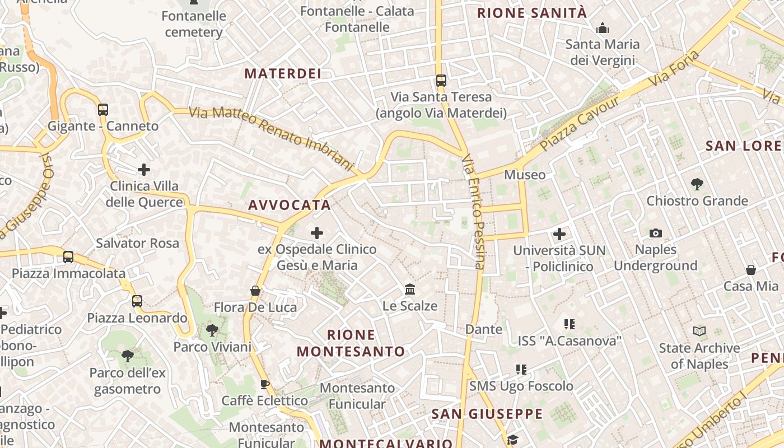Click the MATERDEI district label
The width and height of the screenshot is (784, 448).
coord(283,73)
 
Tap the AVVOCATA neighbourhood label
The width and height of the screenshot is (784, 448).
coord(290,205)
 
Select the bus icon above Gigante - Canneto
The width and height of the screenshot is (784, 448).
coord(103,110)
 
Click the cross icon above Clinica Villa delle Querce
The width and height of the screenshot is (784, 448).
coord(144,169)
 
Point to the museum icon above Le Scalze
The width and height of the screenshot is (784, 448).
coord(410,290)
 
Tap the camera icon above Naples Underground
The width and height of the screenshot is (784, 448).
coord(655,233)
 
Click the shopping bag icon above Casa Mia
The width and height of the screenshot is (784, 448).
coord(751,270)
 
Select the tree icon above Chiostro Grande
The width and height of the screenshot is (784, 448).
coord(697,184)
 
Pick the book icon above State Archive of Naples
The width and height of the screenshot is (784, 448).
coord(699,331)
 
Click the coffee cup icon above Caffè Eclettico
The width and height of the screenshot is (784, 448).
coord(265,384)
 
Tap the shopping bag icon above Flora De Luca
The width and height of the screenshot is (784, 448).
coord(255,291)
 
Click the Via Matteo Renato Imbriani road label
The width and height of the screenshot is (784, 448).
coord(272,138)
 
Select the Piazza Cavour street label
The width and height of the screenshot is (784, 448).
coord(580,124)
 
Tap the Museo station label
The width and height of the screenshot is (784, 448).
coord(525,175)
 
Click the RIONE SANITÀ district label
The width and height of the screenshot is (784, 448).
coord(531,13)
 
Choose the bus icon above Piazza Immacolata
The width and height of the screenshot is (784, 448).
coord(68,257)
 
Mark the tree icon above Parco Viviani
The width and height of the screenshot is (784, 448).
coord(212,330)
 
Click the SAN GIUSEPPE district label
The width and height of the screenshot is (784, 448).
coord(487,414)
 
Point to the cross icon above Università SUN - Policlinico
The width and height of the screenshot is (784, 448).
coord(559,234)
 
